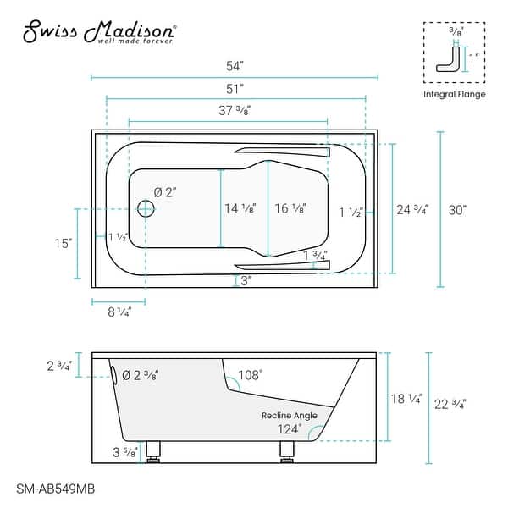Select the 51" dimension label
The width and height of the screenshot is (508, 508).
click(235, 87)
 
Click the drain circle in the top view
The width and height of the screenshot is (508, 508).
click(146, 208)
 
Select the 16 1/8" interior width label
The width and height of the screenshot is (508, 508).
click(290, 208)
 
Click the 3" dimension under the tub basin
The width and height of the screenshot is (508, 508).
click(246, 281)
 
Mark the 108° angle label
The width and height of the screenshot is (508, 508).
click(250, 372)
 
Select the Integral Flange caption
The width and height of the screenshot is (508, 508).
click(455, 94)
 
